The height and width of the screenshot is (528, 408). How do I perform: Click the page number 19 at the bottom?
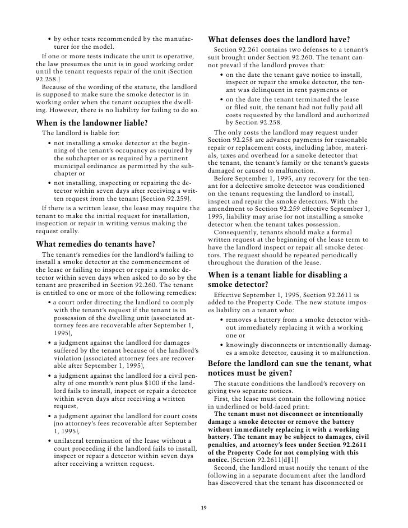pyautogui.click(x=204, y=507)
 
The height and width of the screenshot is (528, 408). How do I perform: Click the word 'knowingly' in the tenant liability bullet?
pyautogui.click(x=243, y=345)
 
